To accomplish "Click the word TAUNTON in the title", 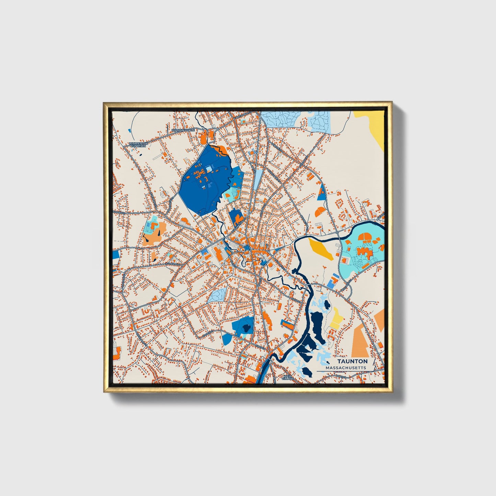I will (x=352, y=361).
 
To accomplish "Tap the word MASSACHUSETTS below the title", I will (x=346, y=368).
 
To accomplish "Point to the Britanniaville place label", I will (x=183, y=130).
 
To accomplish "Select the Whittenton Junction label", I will (x=139, y=145).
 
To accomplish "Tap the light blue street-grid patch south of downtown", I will (x=217, y=295).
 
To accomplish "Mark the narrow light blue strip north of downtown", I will (x=257, y=177).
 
